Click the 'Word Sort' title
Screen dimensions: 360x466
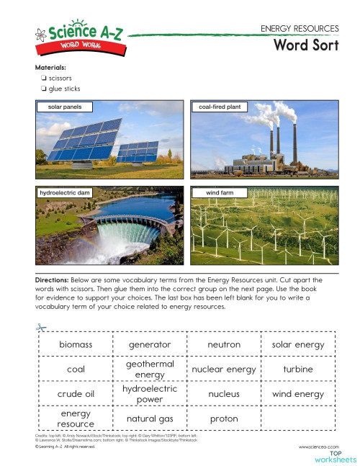(x=305, y=46)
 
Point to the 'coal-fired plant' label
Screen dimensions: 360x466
(x=220, y=107)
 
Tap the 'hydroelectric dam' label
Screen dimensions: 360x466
(x=65, y=193)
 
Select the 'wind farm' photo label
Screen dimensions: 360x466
(x=219, y=193)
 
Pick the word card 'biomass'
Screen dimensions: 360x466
(x=76, y=344)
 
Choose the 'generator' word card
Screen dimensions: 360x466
(x=149, y=344)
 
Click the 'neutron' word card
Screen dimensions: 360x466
(x=224, y=344)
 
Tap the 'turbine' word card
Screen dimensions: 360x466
(x=297, y=369)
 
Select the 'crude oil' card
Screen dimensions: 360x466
(x=76, y=394)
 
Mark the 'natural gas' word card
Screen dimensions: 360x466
(x=149, y=418)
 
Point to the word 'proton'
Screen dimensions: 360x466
(x=224, y=418)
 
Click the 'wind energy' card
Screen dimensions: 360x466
(x=297, y=394)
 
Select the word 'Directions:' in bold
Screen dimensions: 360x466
(x=53, y=278)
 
